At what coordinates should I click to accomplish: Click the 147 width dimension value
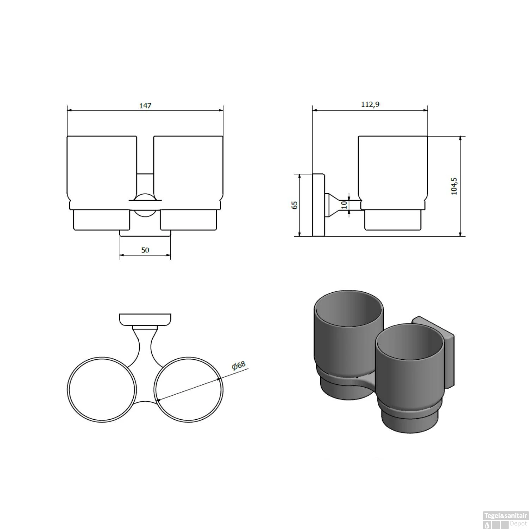(x=145, y=105)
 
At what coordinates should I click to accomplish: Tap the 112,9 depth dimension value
(x=370, y=104)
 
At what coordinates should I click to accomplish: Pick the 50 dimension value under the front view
(x=145, y=250)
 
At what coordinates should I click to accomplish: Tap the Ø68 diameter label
(x=239, y=365)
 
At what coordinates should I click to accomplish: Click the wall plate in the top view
(x=145, y=320)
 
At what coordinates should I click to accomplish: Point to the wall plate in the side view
(x=318, y=205)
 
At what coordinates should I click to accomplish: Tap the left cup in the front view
(x=102, y=169)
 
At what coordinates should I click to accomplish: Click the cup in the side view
(x=393, y=169)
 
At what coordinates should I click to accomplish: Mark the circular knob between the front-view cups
(x=145, y=206)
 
